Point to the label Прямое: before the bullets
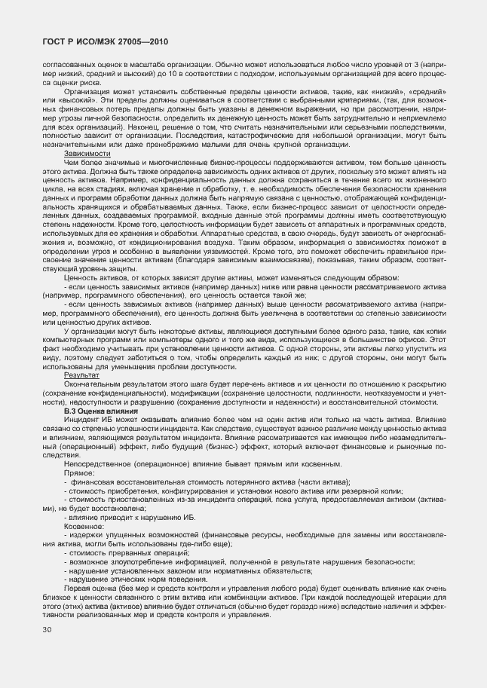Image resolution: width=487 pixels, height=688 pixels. point(79,473)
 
